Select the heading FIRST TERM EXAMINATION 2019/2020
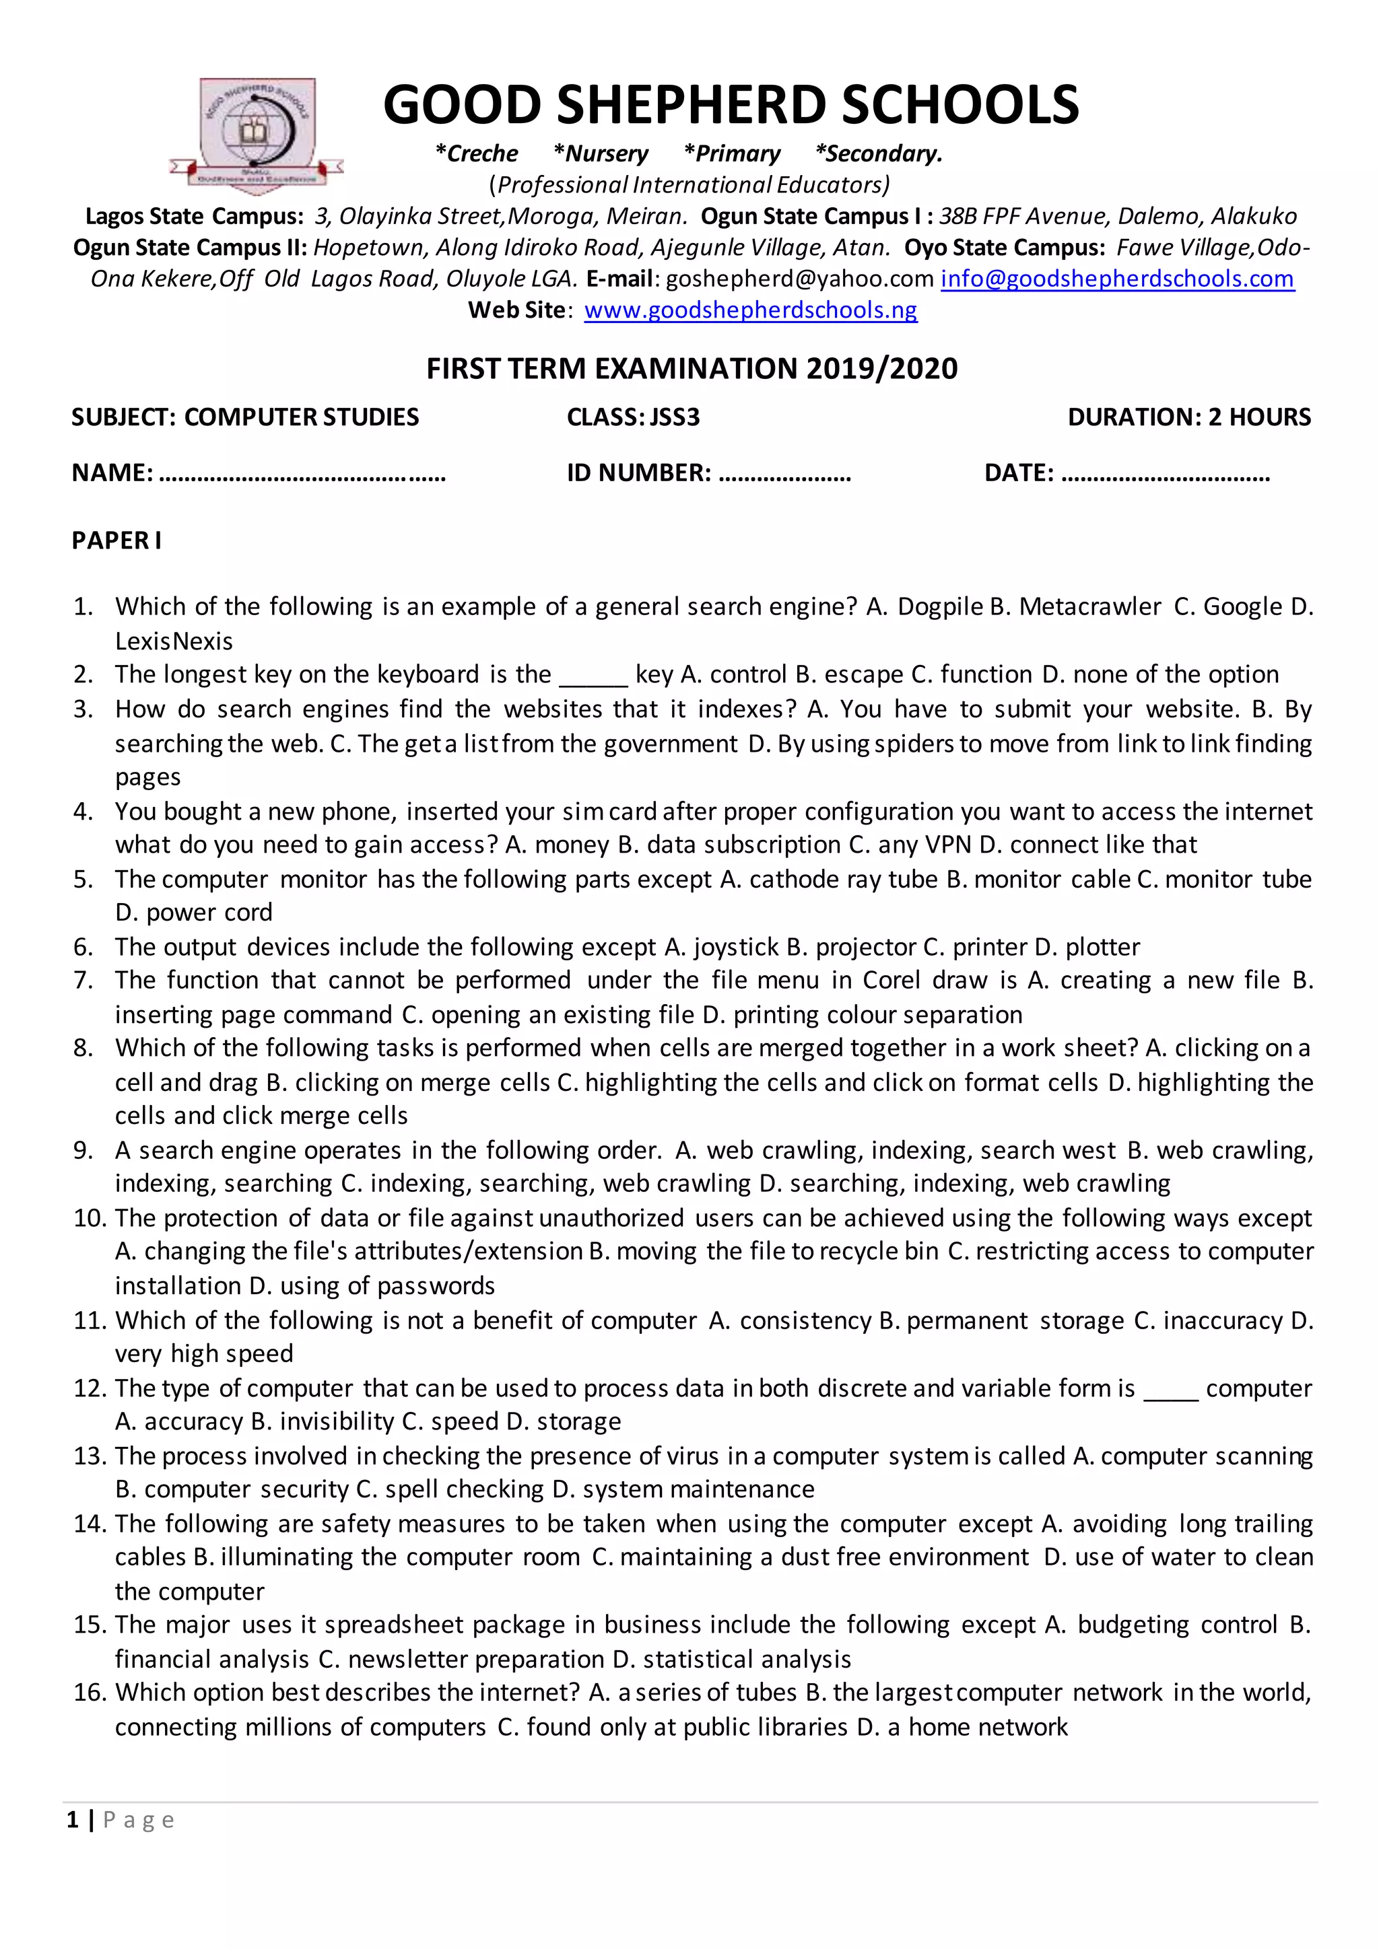(692, 368)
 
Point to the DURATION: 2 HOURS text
(1189, 417)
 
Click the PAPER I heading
(116, 540)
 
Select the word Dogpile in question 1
(940, 606)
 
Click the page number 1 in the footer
(73, 1819)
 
